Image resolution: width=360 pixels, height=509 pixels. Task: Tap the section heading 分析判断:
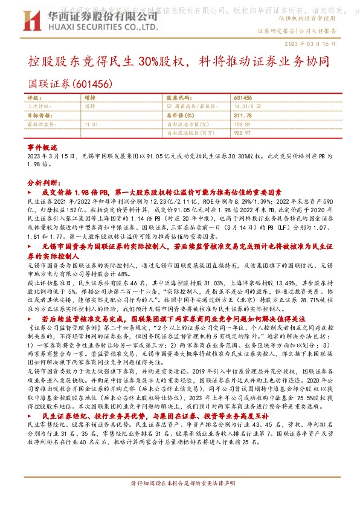click(43, 181)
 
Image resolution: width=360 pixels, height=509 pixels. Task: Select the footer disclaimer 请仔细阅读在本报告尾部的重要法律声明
click(179, 484)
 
